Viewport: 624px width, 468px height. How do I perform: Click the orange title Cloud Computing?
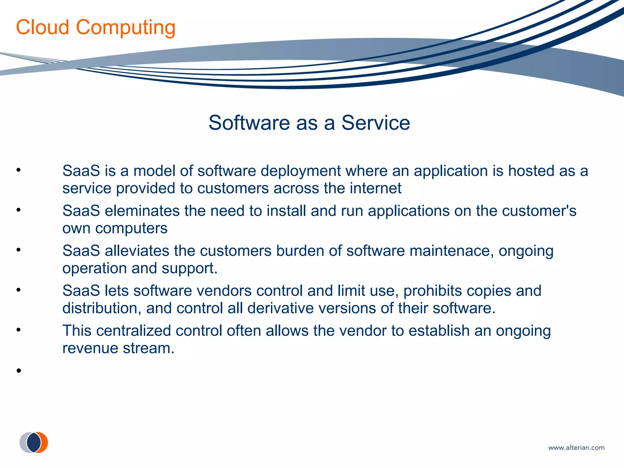click(x=96, y=27)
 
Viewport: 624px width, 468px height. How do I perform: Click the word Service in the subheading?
click(x=375, y=123)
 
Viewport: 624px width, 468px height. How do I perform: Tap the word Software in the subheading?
click(x=249, y=123)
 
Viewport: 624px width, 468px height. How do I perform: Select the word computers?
click(x=131, y=228)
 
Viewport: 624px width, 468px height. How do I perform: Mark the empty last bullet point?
click(x=19, y=370)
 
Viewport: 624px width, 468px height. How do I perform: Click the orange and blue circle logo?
click(x=34, y=442)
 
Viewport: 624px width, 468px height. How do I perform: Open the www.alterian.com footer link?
click(x=576, y=448)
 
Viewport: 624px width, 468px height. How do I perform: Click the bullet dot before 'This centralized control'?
click(x=19, y=330)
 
